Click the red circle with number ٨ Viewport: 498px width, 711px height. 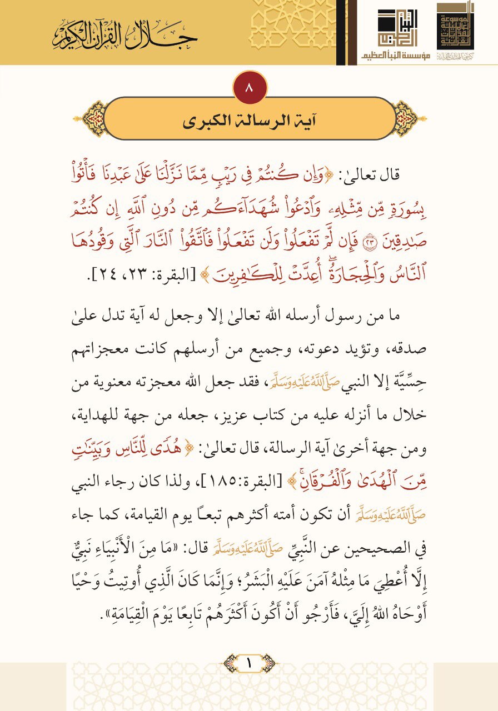(250, 89)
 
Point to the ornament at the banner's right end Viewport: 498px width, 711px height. (405, 118)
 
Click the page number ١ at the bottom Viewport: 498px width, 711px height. (248, 663)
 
